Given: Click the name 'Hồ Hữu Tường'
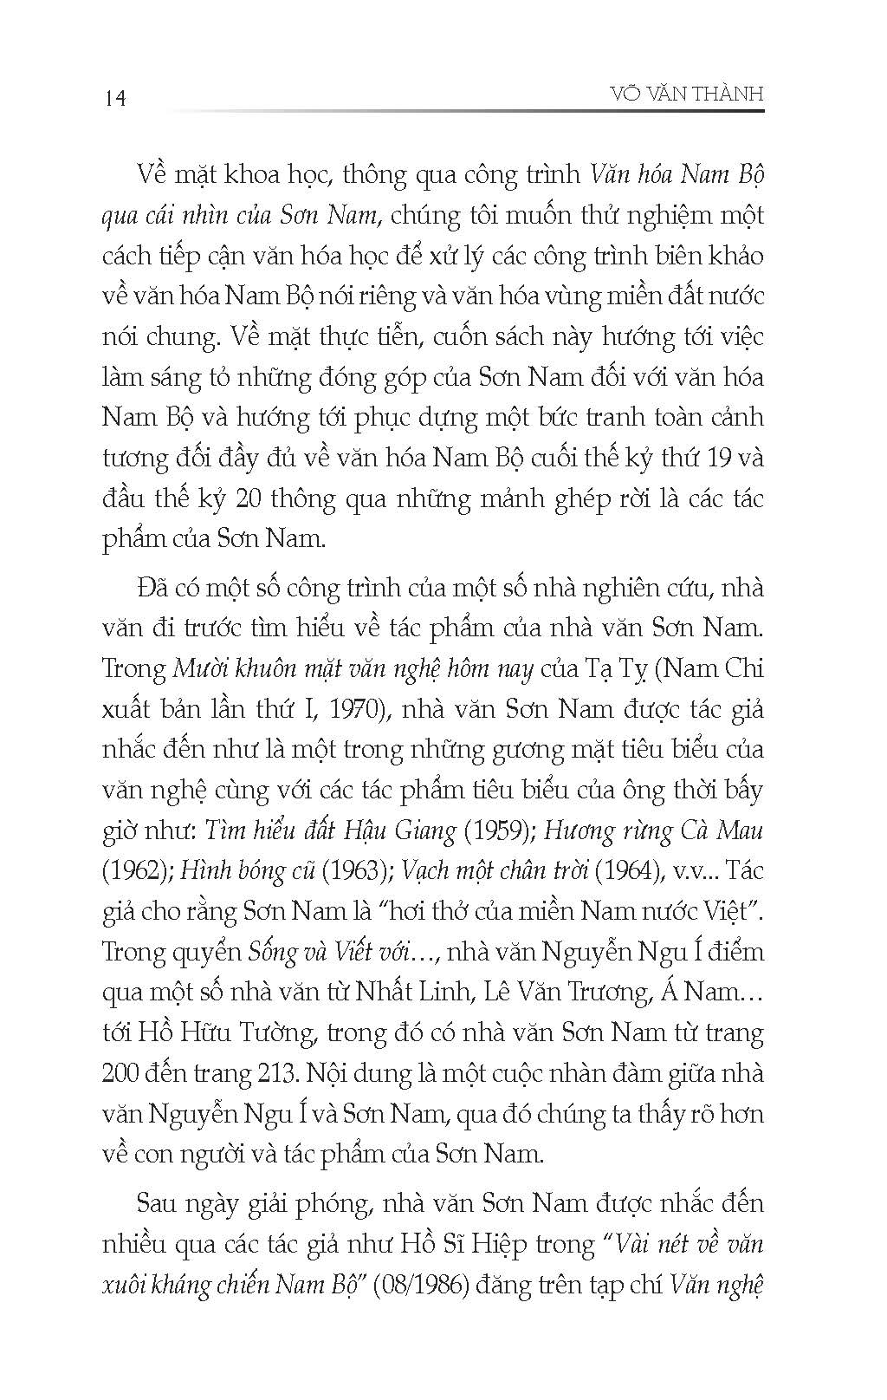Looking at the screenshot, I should (204, 1033).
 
